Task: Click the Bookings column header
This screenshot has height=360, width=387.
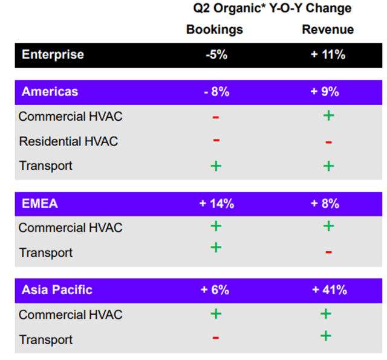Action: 215,30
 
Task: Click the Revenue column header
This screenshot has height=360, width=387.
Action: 328,30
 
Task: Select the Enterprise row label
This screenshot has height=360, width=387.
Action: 53,55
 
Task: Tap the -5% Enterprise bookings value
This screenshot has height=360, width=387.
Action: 216,54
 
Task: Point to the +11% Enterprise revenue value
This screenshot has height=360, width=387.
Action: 328,54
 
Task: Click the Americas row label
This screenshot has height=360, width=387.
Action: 50,91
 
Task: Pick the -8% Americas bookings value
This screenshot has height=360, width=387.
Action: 216,92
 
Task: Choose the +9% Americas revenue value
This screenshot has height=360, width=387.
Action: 325,92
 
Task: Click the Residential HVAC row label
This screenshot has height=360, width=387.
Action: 68,141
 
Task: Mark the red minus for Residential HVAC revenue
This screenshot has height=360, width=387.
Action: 328,143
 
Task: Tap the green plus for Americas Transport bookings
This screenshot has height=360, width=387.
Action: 216,166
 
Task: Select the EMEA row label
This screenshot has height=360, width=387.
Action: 40,204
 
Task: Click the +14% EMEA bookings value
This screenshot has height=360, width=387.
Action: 216,204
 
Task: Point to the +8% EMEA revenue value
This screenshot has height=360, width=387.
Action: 325,204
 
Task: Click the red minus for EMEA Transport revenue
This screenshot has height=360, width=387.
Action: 328,252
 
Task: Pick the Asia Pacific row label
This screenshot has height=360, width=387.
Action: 57,290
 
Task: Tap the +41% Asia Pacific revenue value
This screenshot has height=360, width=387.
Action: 330,290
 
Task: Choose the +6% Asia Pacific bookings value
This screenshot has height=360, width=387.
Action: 215,290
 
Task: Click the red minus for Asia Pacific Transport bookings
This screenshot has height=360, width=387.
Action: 216,338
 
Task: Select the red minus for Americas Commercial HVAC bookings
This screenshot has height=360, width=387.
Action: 216,117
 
